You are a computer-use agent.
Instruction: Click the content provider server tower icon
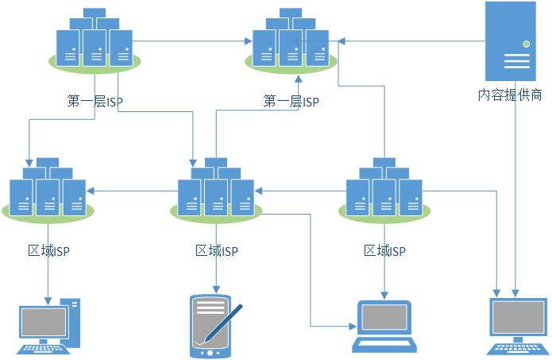pyautogui.click(x=510, y=41)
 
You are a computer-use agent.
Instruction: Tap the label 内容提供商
pyautogui.click(x=510, y=95)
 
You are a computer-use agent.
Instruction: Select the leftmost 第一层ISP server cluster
pyautogui.click(x=95, y=40)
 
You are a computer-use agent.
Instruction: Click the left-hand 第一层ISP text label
pyautogui.click(x=95, y=102)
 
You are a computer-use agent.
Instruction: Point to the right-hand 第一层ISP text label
pyautogui.click(x=291, y=102)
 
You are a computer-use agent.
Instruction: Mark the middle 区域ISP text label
pyautogui.click(x=217, y=251)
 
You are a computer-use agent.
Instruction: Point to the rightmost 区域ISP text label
pyautogui.click(x=384, y=251)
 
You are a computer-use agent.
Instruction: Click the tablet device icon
pyautogui.click(x=210, y=325)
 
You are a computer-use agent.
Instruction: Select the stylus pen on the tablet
pyautogui.click(x=224, y=323)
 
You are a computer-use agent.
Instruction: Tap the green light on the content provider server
pyautogui.click(x=525, y=43)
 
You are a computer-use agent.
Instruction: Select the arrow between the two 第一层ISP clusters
pyautogui.click(x=195, y=40)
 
